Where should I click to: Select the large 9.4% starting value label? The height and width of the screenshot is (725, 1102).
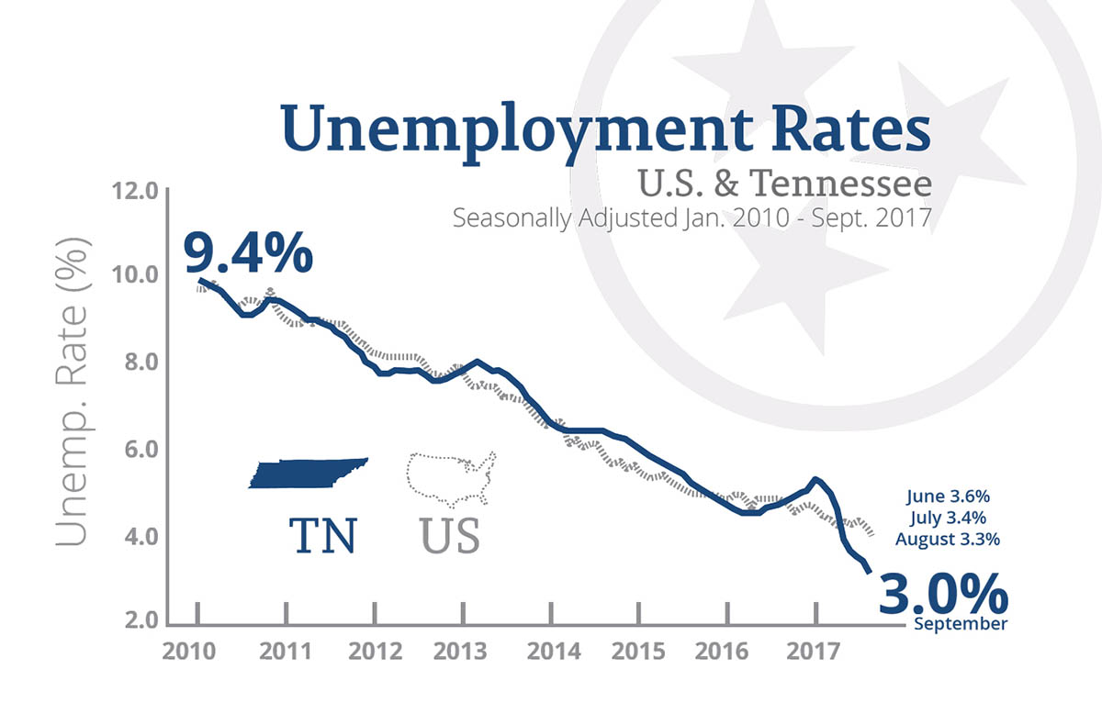(x=248, y=252)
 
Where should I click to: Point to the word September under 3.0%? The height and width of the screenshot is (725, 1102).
(x=961, y=624)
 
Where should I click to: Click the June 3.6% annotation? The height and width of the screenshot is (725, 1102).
(x=947, y=496)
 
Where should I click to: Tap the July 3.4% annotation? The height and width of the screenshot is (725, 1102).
(x=949, y=518)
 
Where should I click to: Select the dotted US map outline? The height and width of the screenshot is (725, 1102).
(x=452, y=478)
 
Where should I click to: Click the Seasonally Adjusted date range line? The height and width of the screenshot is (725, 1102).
(x=692, y=220)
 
